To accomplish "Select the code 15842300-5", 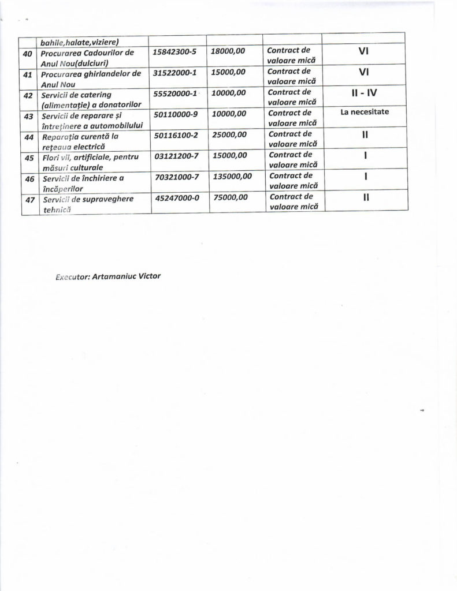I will point(176,51).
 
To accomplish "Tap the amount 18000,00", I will point(228,51).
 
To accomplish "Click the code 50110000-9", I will point(176,114).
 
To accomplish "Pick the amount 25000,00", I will point(228,134).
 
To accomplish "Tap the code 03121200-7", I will point(176,155).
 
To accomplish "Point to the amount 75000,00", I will point(228,197).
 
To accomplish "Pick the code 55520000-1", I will point(176,93).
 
